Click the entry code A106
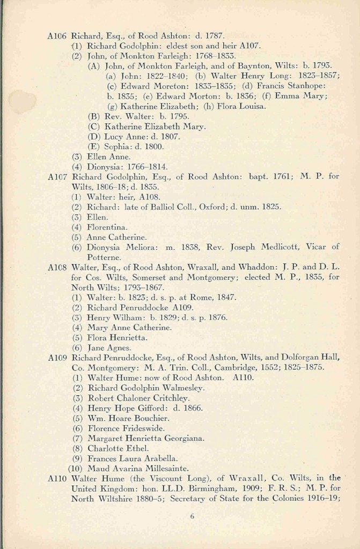click(56, 36)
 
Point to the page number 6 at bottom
click(192, 517)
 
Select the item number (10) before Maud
click(76, 469)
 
